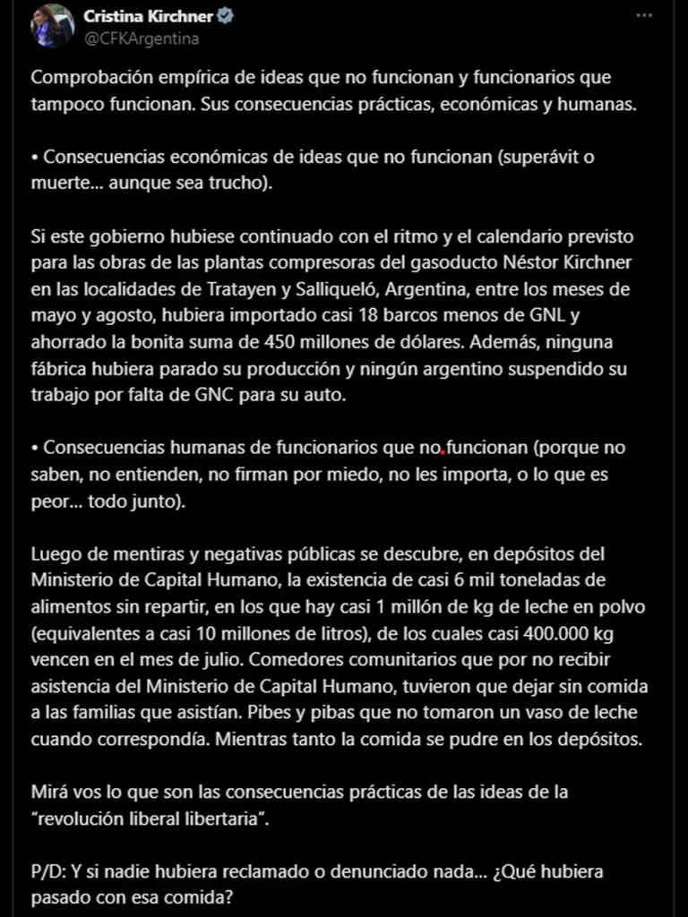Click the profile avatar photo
tap(52, 25)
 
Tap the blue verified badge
tap(228, 16)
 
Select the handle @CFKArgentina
tap(141, 39)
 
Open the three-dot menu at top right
tap(645, 16)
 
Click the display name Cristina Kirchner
tap(149, 16)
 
